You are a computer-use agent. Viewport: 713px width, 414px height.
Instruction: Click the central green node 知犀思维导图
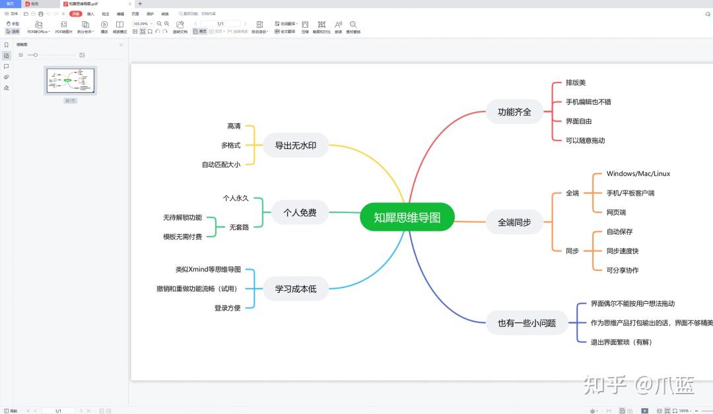[x=407, y=217]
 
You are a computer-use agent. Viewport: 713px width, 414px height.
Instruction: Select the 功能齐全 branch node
[x=514, y=111]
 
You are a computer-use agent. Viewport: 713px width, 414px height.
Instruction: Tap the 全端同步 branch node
[x=514, y=222]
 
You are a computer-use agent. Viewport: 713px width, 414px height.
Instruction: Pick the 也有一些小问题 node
[x=527, y=323]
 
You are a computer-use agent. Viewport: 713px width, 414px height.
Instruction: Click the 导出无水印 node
[x=295, y=145]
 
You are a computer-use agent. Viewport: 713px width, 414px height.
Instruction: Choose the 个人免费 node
[x=300, y=212]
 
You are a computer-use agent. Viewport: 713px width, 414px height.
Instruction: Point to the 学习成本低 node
[x=295, y=288]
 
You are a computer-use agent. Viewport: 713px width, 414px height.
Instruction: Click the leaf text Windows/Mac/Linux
[x=638, y=174]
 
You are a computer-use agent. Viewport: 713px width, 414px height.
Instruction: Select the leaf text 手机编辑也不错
[x=588, y=102]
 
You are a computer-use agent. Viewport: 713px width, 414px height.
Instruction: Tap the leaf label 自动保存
[x=619, y=232]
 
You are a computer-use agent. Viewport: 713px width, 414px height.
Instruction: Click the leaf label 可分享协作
[x=622, y=270]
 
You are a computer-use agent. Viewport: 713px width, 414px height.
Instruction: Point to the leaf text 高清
[x=234, y=126]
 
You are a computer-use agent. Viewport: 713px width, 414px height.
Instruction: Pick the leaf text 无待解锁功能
[x=182, y=218]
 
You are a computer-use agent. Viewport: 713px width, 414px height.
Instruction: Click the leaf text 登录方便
[x=227, y=308]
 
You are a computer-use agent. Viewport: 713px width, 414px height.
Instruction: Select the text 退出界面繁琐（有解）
[x=621, y=342]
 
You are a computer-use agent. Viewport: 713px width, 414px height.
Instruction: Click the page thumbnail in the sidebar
[x=70, y=80]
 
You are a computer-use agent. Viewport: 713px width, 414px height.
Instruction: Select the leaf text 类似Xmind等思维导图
[x=208, y=270]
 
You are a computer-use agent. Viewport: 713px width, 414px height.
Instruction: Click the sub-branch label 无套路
[x=239, y=227]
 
